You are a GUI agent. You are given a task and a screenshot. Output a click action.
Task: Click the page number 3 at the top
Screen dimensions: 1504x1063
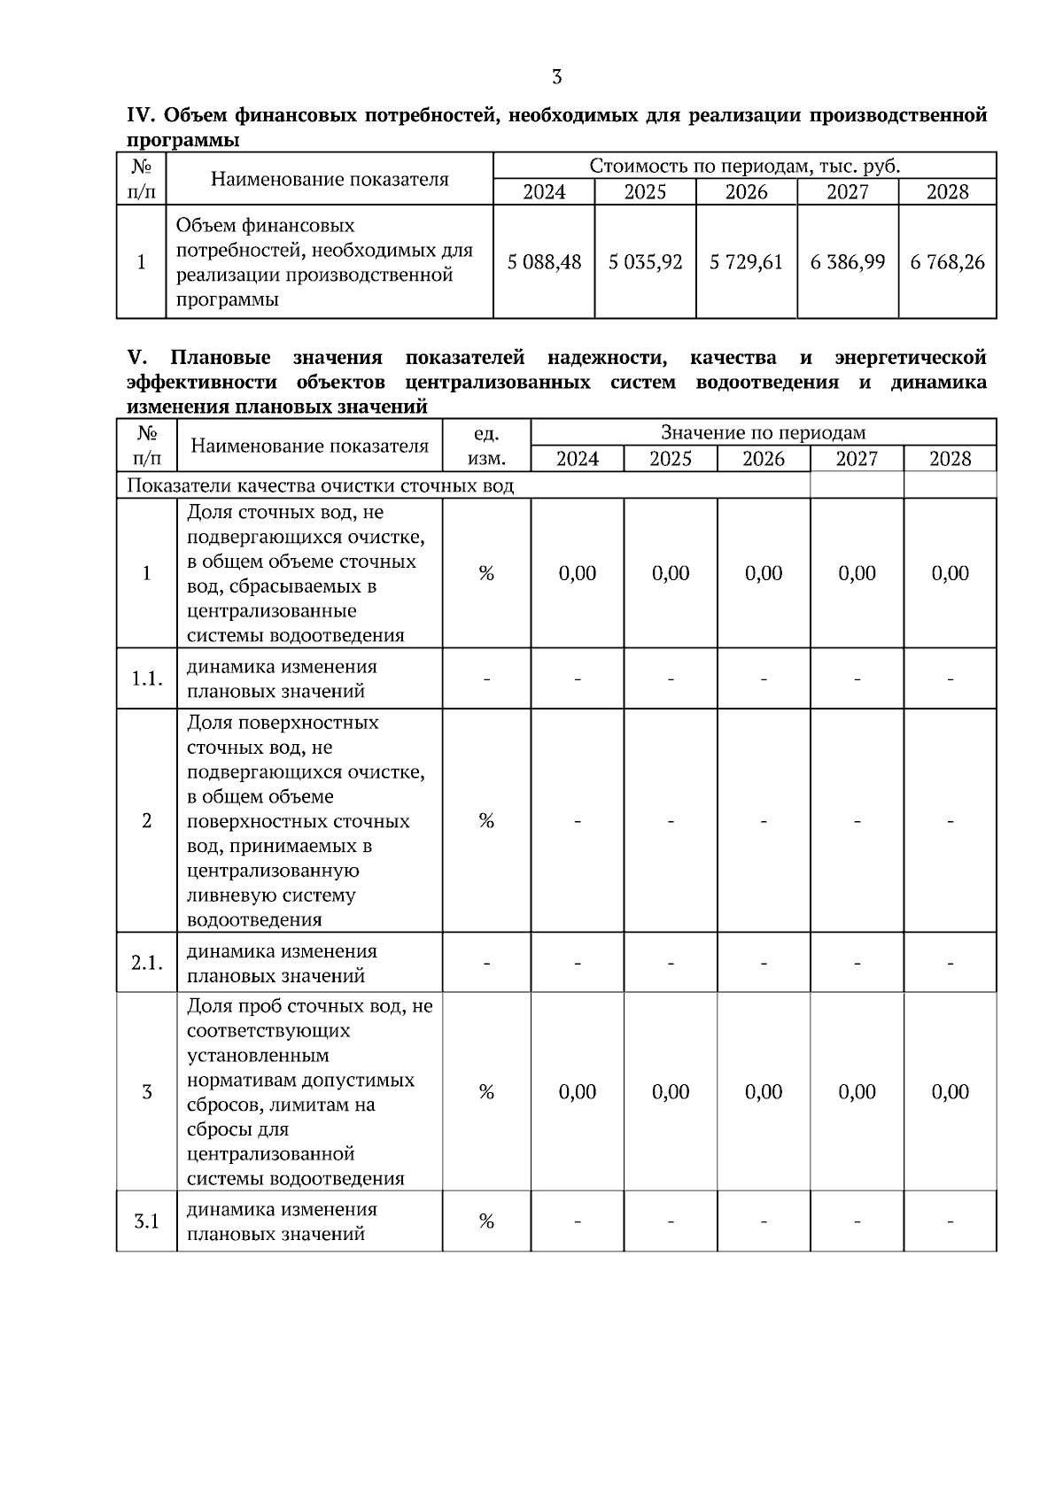pos(556,77)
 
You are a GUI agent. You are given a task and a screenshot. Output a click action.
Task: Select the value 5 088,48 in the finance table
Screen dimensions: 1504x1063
pos(544,262)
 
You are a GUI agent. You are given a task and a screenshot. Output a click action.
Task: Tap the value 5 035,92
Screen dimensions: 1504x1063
pos(645,262)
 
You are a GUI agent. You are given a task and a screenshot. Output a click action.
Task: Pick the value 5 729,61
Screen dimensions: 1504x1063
pos(746,262)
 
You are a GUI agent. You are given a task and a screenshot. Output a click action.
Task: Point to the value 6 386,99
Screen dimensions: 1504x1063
pos(847,262)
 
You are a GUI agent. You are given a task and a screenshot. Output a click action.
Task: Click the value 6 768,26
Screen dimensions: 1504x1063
pos(947,262)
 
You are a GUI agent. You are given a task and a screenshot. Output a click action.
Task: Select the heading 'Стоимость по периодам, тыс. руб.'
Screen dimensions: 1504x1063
pos(744,167)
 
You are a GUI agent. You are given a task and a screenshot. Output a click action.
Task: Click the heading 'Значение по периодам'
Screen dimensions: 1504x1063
pos(763,433)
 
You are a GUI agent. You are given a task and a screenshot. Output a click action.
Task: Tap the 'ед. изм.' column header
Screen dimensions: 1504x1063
pos(486,446)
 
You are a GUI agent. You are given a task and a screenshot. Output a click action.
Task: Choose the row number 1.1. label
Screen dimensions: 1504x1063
pos(147,678)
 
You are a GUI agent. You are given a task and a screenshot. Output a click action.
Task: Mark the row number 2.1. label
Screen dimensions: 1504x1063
pos(147,963)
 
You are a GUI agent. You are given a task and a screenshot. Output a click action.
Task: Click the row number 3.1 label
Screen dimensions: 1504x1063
pos(147,1221)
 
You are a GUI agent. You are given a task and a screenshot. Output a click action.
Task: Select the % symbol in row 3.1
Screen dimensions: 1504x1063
pos(486,1221)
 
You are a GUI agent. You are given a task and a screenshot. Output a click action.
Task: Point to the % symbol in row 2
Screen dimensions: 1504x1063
pos(486,821)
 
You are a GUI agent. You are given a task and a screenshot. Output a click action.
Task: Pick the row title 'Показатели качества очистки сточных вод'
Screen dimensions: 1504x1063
pos(321,485)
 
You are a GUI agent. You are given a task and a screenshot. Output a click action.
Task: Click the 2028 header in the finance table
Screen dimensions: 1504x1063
pos(947,192)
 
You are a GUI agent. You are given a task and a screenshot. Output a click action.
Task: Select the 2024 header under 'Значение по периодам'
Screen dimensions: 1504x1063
pos(577,459)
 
